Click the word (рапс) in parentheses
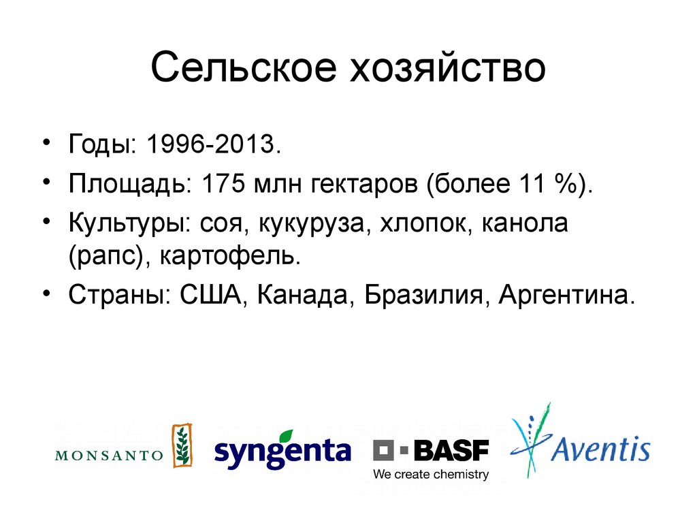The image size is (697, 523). [x=100, y=256]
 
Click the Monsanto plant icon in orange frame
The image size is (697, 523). [x=182, y=445]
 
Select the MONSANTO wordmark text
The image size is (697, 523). [x=109, y=455]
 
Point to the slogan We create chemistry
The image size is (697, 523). [x=430, y=475]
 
